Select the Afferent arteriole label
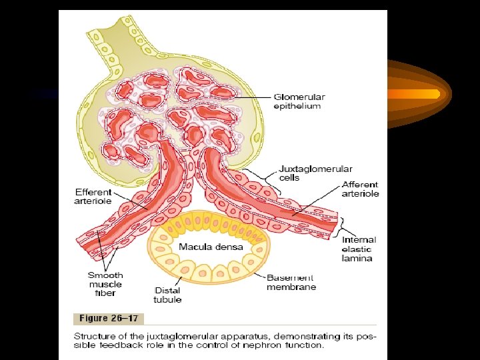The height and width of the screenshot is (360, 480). point(360,189)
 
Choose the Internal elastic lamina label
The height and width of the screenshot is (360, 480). point(359,249)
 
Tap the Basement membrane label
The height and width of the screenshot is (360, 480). point(291,282)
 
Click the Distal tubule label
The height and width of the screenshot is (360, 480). point(167,295)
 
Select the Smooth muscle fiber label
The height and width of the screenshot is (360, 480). point(105,284)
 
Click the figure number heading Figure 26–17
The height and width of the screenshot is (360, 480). point(109,319)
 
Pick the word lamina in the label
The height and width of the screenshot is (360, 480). point(356,258)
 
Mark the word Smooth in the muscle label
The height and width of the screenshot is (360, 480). point(105,275)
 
